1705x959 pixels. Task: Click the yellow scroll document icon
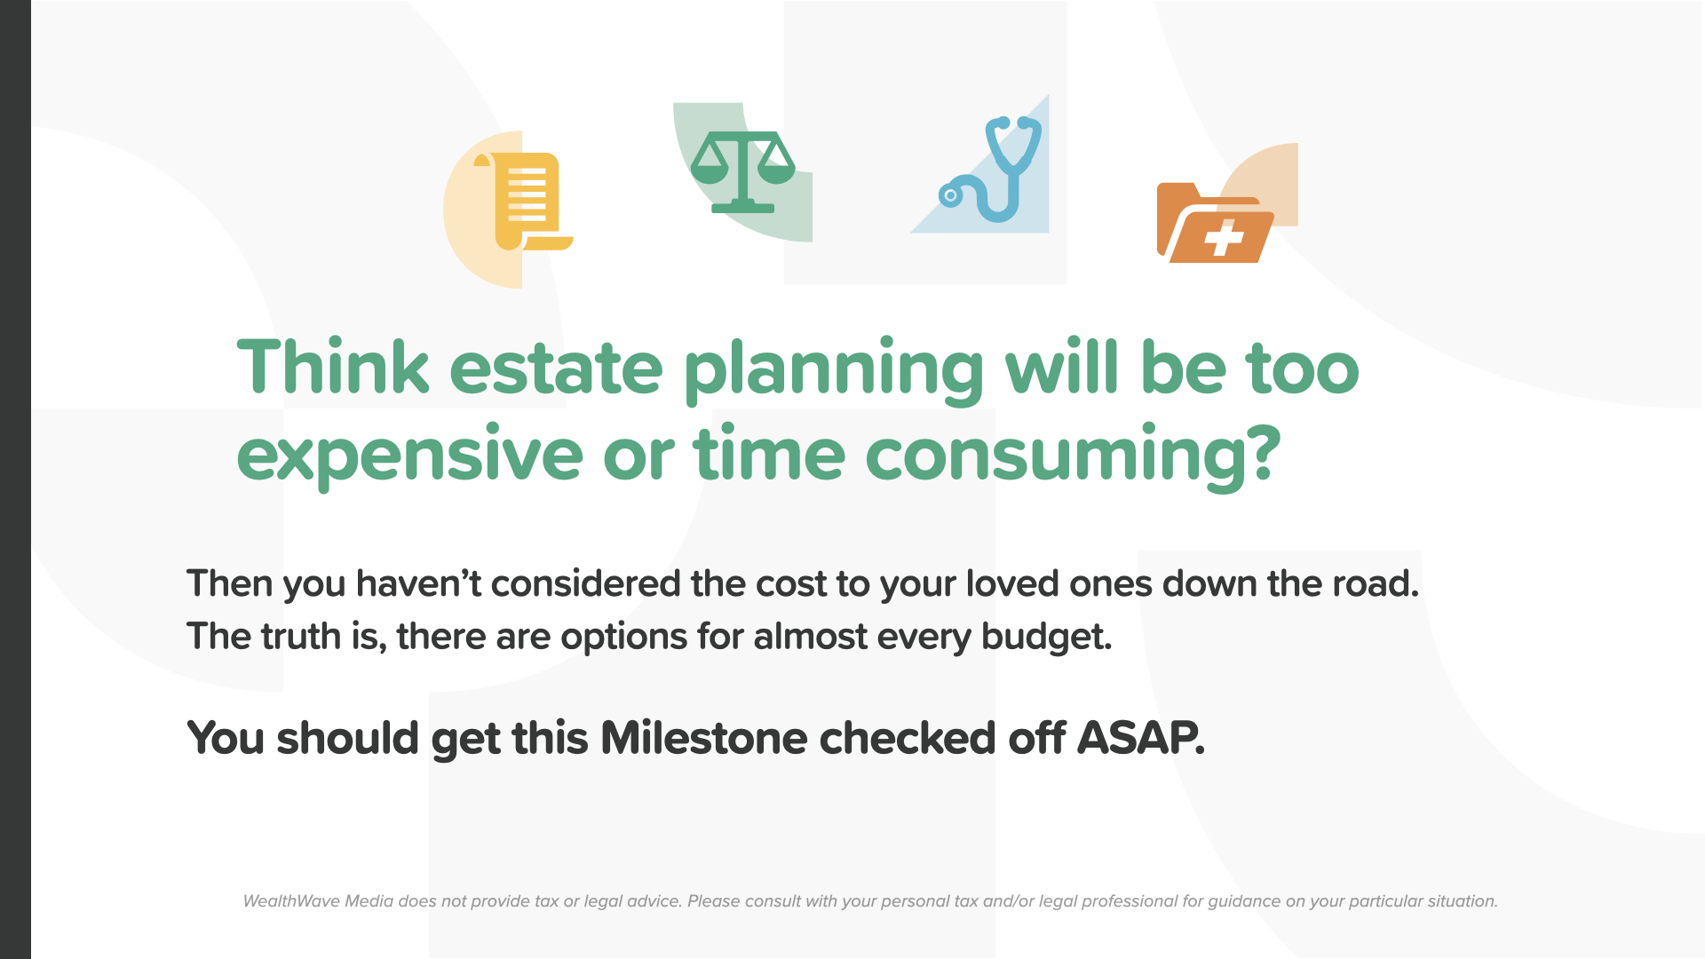524,202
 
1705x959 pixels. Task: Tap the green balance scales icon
742,172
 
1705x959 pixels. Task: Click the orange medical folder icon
1215,223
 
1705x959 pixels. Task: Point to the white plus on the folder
1224,237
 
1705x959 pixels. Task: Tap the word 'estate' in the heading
556,369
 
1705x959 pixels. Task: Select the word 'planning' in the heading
834,372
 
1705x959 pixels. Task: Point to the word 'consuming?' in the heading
1074,456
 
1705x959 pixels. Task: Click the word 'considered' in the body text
585,583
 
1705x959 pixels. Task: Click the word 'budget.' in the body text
1046,638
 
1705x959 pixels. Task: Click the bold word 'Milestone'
704,738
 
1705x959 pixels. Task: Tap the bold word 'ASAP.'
1141,738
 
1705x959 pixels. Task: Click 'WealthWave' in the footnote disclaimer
291,901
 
